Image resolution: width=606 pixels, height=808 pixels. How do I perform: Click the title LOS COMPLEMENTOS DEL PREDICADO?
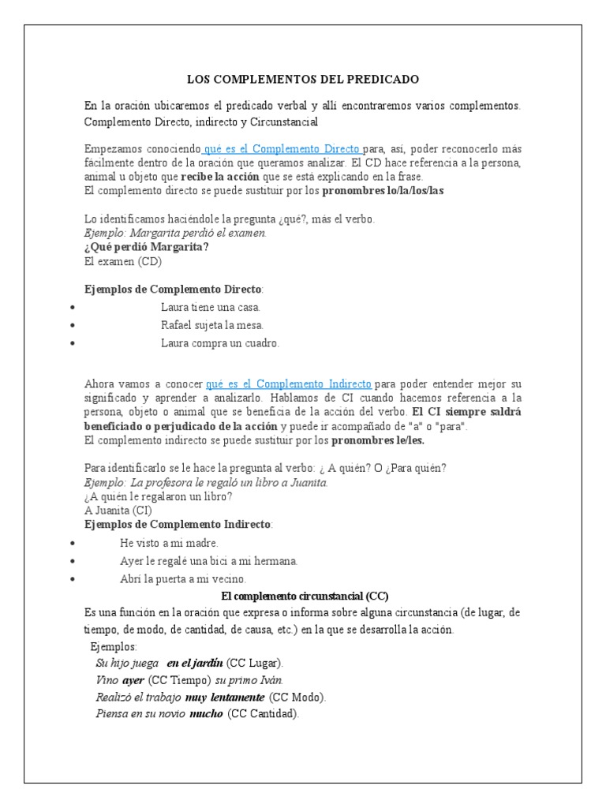tap(302, 80)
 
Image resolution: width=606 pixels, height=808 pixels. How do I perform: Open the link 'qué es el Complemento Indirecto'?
tap(289, 384)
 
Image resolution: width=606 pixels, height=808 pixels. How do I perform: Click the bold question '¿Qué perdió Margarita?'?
tap(147, 247)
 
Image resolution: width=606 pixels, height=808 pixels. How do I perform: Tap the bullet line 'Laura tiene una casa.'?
tap(211, 307)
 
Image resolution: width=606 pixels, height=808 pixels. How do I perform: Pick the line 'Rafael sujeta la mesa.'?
tap(212, 325)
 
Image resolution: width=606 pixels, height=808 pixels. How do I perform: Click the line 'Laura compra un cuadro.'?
tap(220, 343)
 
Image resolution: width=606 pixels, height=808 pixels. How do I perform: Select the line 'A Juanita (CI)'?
tap(118, 511)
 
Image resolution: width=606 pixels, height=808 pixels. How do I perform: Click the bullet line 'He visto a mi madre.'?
tap(169, 543)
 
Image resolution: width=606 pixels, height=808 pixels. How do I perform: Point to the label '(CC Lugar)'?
tap(255, 663)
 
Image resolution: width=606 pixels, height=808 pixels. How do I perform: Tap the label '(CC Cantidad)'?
tap(263, 715)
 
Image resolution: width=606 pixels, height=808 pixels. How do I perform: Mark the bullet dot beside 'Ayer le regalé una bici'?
tap(73, 561)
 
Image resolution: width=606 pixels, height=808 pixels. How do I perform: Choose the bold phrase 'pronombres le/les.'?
tap(377, 440)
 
